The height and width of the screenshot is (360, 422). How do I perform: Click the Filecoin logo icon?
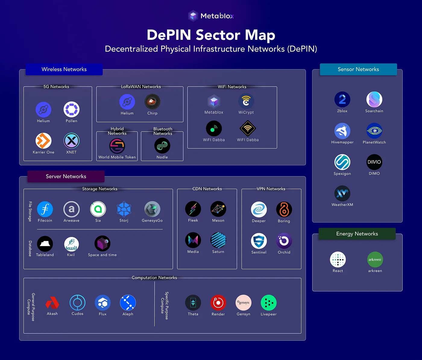pyautogui.click(x=45, y=209)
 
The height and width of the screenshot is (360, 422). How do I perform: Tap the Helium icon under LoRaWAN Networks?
pyautogui.click(x=127, y=102)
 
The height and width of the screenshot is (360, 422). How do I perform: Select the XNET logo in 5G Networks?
pyautogui.click(x=71, y=141)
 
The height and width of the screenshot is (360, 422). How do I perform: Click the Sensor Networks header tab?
pyautogui.click(x=358, y=69)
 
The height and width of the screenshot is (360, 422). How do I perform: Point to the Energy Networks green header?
pyautogui.click(x=357, y=234)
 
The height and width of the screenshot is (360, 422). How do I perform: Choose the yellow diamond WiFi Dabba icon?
pyautogui.click(x=248, y=128)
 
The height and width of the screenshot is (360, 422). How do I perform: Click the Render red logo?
pyautogui.click(x=218, y=303)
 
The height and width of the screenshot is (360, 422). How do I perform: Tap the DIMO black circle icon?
pyautogui.click(x=374, y=162)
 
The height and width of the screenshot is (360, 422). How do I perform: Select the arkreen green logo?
pyautogui.click(x=375, y=260)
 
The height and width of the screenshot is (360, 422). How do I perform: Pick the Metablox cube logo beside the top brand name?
pyautogui.click(x=193, y=16)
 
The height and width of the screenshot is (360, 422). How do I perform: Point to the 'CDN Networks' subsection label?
pyautogui.click(x=207, y=189)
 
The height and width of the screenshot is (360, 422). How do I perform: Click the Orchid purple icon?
pyautogui.click(x=284, y=241)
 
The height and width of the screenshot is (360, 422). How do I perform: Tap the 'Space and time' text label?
pyautogui.click(x=102, y=255)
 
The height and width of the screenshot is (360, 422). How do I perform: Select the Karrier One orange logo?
pyautogui.click(x=43, y=141)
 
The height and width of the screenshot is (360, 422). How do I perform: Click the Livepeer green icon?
pyautogui.click(x=268, y=303)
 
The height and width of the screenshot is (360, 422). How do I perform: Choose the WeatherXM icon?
pyautogui.click(x=342, y=193)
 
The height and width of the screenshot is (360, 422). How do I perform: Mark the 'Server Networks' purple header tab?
pyautogui.click(x=66, y=176)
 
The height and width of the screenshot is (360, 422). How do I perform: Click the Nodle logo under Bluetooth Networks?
pyautogui.click(x=162, y=146)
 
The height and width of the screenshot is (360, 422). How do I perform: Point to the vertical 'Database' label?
pyautogui.click(x=30, y=248)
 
